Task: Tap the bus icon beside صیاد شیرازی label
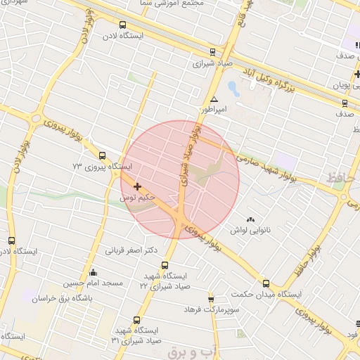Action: [x=213, y=51]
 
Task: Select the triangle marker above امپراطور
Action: [x=214, y=99]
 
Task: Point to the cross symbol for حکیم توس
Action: [x=137, y=186]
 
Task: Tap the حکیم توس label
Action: [x=137, y=198]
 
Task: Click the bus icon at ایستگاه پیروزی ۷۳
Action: [x=103, y=155]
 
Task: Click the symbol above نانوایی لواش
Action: [x=251, y=219]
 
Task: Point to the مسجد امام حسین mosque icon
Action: [x=93, y=272]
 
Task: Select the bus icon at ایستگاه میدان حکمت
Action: [x=265, y=283]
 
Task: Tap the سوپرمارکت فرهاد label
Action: [x=212, y=309]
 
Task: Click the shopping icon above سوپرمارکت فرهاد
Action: [x=210, y=299]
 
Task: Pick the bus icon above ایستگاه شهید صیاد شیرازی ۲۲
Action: [x=165, y=265]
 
